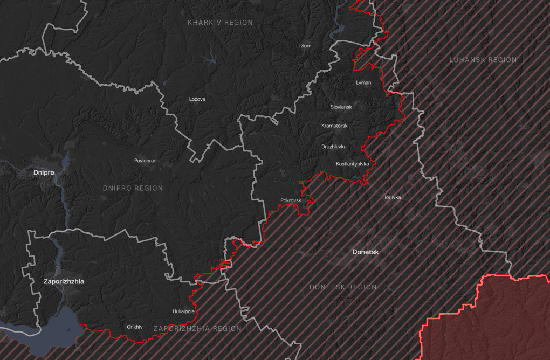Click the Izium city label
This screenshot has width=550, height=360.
point(305,46)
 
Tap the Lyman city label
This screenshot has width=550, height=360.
point(363,82)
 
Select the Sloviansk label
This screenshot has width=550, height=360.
point(341,107)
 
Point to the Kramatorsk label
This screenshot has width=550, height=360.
point(334,126)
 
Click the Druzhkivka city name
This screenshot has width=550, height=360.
point(334,147)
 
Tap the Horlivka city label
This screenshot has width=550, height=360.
point(391,197)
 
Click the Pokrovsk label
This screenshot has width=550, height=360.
point(291,200)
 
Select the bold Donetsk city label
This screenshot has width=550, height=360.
point(365,252)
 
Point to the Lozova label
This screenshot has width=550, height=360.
point(197,99)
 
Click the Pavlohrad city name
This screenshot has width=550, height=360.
point(145,161)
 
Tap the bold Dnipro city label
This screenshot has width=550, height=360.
point(44,173)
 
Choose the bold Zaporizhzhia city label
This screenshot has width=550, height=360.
point(64,281)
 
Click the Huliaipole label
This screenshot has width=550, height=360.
point(183,311)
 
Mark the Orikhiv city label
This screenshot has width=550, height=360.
point(134,327)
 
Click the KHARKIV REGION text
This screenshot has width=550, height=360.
point(220,23)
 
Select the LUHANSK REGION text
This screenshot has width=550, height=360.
point(483,60)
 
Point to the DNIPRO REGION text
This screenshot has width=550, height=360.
point(133,188)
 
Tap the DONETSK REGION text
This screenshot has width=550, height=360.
point(343,287)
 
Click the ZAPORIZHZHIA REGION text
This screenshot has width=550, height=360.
point(197,328)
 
